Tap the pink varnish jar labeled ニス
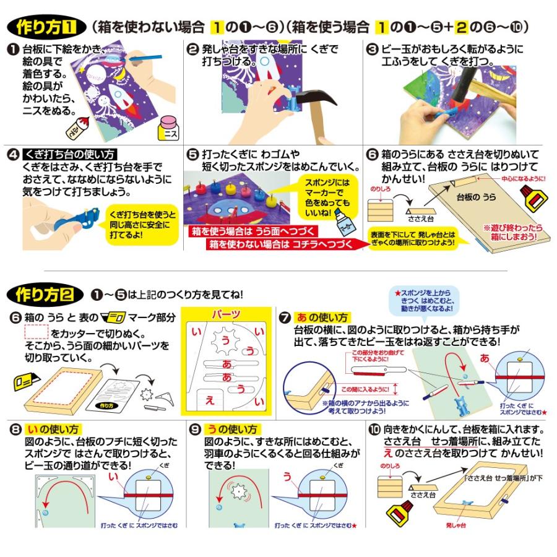[x=166, y=129]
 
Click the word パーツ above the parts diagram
[x=226, y=314]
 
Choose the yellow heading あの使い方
[x=322, y=317]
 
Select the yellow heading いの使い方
[x=54, y=428]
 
